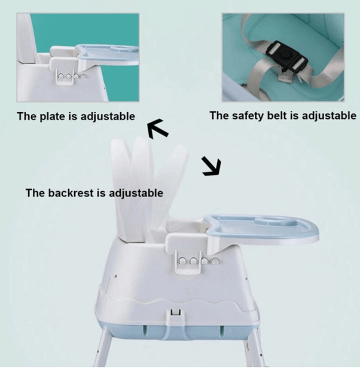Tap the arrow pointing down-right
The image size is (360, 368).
pyautogui.click(x=211, y=166)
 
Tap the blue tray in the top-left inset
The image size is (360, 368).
pyautogui.click(x=108, y=54)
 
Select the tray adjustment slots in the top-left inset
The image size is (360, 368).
pyautogui.click(x=71, y=76)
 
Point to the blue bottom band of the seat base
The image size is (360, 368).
pyautogui.click(x=179, y=330)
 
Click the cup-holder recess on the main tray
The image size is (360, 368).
pyautogui.click(x=263, y=221)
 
